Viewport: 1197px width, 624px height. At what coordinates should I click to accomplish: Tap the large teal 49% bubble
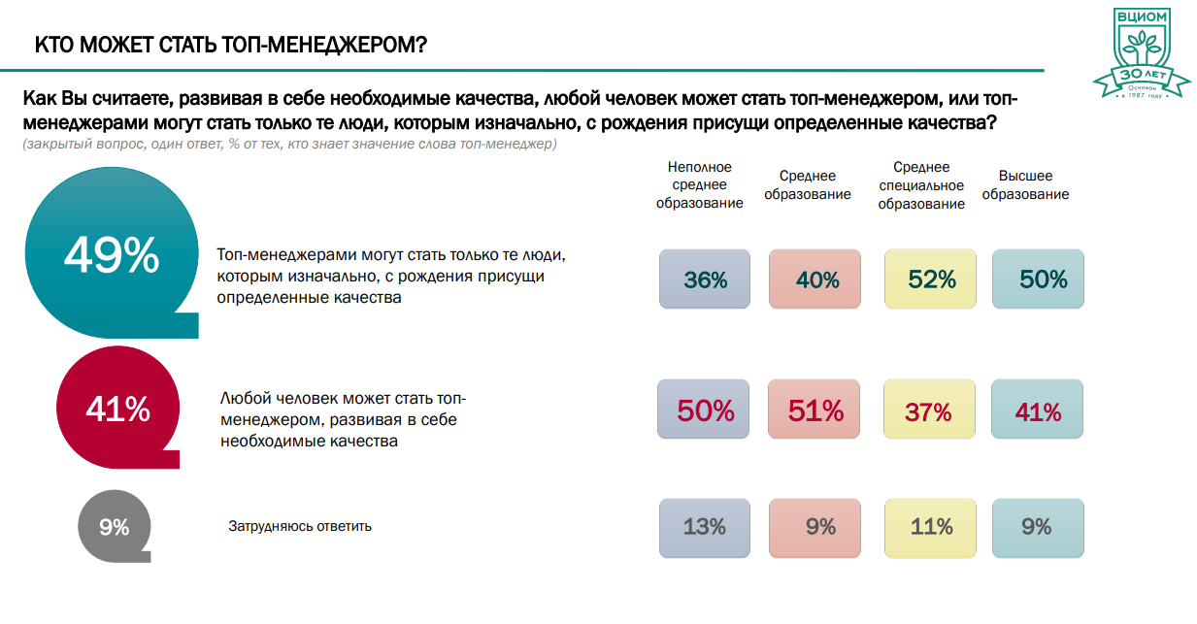pyautogui.click(x=111, y=256)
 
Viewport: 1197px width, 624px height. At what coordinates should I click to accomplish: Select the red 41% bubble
pyautogui.click(x=117, y=410)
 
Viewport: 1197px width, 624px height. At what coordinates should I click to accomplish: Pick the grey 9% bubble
pyautogui.click(x=114, y=527)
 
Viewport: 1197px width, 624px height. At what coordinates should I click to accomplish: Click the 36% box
pyautogui.click(x=705, y=279)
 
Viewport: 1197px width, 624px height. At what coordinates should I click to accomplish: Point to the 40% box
pyautogui.click(x=815, y=279)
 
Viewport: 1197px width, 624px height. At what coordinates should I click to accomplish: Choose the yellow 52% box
pyautogui.click(x=931, y=279)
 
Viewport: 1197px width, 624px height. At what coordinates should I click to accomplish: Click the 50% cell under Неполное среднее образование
pyautogui.click(x=704, y=411)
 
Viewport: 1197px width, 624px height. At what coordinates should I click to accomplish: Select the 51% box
pyautogui.click(x=815, y=411)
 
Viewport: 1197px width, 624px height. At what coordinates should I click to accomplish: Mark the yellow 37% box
pyautogui.click(x=929, y=411)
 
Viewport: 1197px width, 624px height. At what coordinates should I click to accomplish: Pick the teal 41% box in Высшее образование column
pyautogui.click(x=1038, y=411)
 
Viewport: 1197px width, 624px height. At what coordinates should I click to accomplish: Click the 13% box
pyautogui.click(x=704, y=527)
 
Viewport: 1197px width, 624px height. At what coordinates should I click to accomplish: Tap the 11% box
pyautogui.click(x=931, y=527)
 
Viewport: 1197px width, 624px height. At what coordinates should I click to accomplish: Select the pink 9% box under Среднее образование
pyautogui.click(x=815, y=527)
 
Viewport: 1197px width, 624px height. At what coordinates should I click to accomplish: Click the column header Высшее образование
pyautogui.click(x=1033, y=185)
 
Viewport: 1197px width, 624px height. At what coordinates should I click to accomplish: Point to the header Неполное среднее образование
pyautogui.click(x=699, y=185)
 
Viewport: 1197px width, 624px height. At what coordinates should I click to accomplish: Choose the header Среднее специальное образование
pyautogui.click(x=921, y=185)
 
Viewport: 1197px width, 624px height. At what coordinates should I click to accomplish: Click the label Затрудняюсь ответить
pyautogui.click(x=300, y=527)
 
